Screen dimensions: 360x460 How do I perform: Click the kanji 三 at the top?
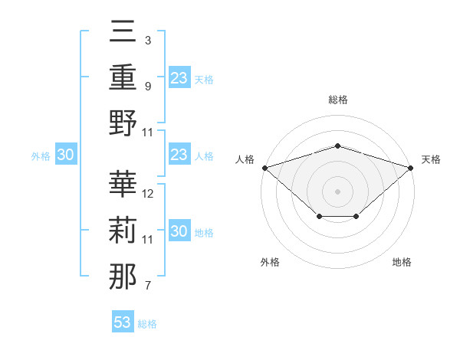click(x=123, y=32)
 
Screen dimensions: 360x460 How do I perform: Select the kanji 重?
click(x=123, y=78)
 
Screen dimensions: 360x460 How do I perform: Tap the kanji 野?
click(x=123, y=124)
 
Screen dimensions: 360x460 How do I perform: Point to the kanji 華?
click(x=123, y=185)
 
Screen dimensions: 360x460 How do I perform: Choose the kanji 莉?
click(x=123, y=231)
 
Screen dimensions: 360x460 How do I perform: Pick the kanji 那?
click(x=123, y=277)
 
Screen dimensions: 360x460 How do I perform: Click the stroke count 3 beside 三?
click(x=147, y=40)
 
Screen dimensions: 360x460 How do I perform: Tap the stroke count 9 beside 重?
click(x=147, y=86)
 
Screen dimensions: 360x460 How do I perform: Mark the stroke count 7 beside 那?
click(x=147, y=286)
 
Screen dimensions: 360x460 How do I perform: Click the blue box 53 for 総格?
click(x=123, y=322)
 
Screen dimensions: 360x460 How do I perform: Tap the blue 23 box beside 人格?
click(x=179, y=155)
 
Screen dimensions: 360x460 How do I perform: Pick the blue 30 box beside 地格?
click(x=179, y=232)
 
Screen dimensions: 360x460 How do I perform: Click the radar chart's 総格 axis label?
click(x=337, y=100)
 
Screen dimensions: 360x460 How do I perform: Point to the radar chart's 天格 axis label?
click(x=431, y=159)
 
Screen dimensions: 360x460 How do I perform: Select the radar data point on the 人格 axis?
click(x=264, y=167)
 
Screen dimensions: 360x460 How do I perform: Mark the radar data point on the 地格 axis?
click(x=356, y=218)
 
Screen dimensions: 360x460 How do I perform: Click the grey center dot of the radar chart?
click(x=337, y=191)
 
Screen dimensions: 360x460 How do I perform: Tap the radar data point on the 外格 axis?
click(x=318, y=218)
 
